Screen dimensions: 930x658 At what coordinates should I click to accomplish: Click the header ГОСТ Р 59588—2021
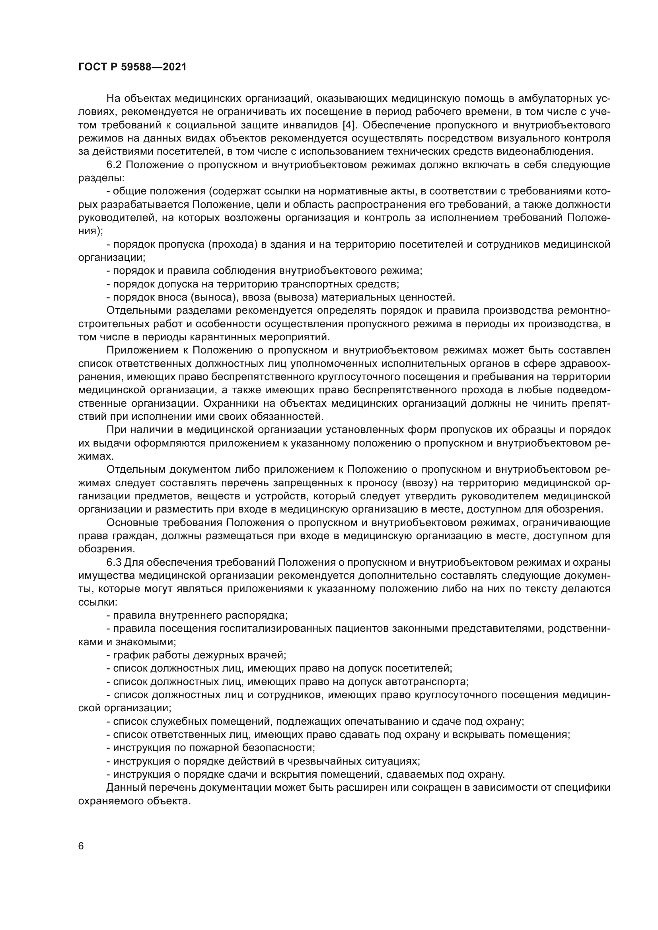click(132, 67)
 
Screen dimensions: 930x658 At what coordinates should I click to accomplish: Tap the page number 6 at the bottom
click(81, 846)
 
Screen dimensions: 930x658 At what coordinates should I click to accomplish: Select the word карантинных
click(239, 337)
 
